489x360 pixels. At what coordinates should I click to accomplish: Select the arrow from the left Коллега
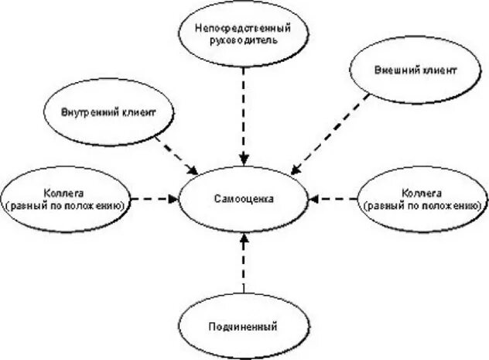point(155,199)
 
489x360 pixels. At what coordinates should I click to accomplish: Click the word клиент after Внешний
point(437,70)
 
